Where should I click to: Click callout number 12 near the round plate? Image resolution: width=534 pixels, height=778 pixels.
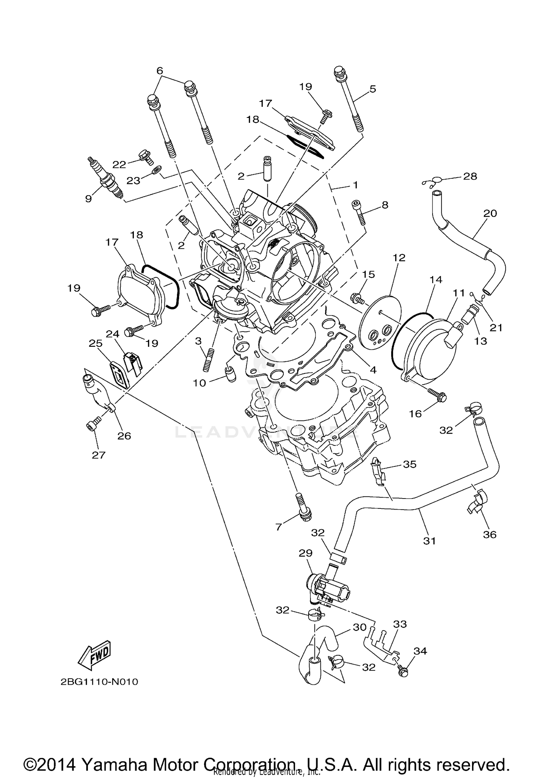click(x=399, y=257)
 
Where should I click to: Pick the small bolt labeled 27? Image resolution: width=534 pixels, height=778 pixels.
click(x=90, y=425)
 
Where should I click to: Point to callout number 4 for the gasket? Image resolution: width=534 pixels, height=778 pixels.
click(x=373, y=370)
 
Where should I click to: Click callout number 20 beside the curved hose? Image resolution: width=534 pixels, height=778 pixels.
click(x=490, y=213)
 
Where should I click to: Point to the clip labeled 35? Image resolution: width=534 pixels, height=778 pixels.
click(x=378, y=471)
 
